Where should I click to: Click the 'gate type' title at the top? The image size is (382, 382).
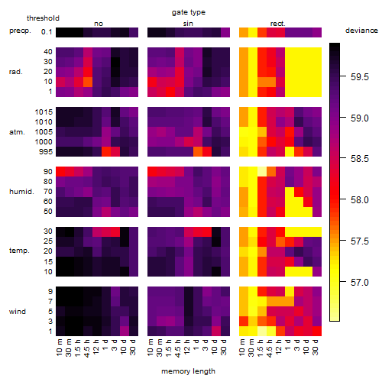pos(189,12)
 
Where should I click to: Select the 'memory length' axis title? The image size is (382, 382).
pos(189,371)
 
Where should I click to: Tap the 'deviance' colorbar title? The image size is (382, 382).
pos(361,31)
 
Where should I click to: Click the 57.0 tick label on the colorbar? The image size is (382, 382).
pos(360,283)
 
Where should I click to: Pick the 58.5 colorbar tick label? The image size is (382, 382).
pos(360,159)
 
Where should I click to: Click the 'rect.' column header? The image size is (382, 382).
pos(278,24)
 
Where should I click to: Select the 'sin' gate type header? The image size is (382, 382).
pos(188,24)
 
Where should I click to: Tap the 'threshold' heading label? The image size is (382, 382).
pos(43,18)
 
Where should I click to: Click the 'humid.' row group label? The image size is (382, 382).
pos(21,192)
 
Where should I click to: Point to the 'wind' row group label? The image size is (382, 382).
pos(18,312)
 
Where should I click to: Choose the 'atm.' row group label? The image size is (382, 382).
pos(17,132)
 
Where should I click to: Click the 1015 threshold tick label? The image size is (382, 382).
pos(44,112)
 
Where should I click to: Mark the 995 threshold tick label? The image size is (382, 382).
pos(46,152)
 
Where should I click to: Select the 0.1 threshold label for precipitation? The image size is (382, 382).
pos(47,32)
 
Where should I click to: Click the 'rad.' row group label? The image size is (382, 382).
pos(16,72)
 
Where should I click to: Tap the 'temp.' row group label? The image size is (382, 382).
pos(19,251)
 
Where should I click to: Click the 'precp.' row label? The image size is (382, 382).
pos(20,31)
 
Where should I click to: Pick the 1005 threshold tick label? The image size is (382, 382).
pos(44,132)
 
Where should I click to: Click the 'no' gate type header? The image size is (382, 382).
pos(99,24)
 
